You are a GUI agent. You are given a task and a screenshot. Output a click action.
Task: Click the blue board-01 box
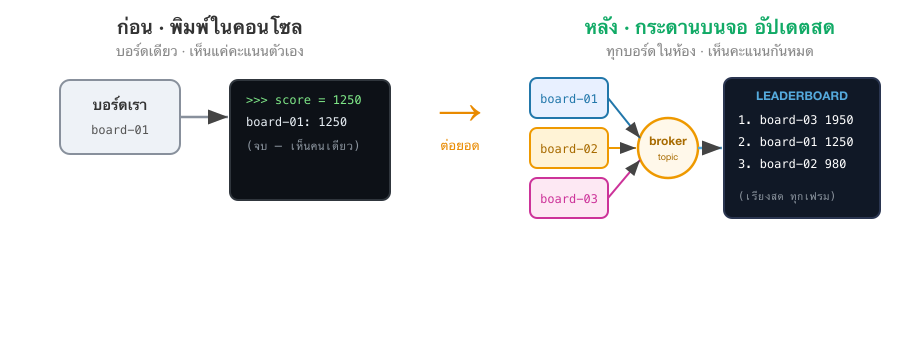(569, 99)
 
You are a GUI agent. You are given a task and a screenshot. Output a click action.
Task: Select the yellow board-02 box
(569, 148)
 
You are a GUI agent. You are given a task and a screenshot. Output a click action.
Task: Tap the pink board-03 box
(569, 198)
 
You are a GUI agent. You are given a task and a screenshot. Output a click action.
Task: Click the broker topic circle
(668, 148)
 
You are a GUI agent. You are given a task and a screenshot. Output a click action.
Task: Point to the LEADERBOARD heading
(801, 96)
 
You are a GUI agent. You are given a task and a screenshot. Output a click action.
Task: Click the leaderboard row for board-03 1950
(796, 120)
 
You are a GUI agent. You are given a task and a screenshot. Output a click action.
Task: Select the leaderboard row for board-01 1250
(796, 142)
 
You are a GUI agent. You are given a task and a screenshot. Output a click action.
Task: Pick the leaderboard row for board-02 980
(792, 164)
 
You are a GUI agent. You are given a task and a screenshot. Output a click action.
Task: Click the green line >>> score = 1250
(303, 100)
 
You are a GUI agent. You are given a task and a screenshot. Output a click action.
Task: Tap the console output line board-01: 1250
(296, 122)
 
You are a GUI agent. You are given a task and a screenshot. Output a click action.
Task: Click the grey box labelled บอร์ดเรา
(120, 117)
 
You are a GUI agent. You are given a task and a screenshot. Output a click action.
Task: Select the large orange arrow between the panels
(460, 113)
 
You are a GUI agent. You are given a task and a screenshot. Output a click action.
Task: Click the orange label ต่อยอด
(460, 145)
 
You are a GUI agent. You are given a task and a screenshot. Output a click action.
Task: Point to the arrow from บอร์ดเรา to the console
(204, 117)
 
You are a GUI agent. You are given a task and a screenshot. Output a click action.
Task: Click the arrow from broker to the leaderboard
(710, 148)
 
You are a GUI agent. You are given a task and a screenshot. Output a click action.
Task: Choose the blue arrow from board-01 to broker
(624, 118)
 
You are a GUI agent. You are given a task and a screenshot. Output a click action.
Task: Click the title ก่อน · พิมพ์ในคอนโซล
(209, 28)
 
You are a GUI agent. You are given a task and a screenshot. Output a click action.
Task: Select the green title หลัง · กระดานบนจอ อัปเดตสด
(709, 28)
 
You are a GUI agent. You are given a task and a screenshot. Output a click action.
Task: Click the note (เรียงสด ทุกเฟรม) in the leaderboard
(787, 196)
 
